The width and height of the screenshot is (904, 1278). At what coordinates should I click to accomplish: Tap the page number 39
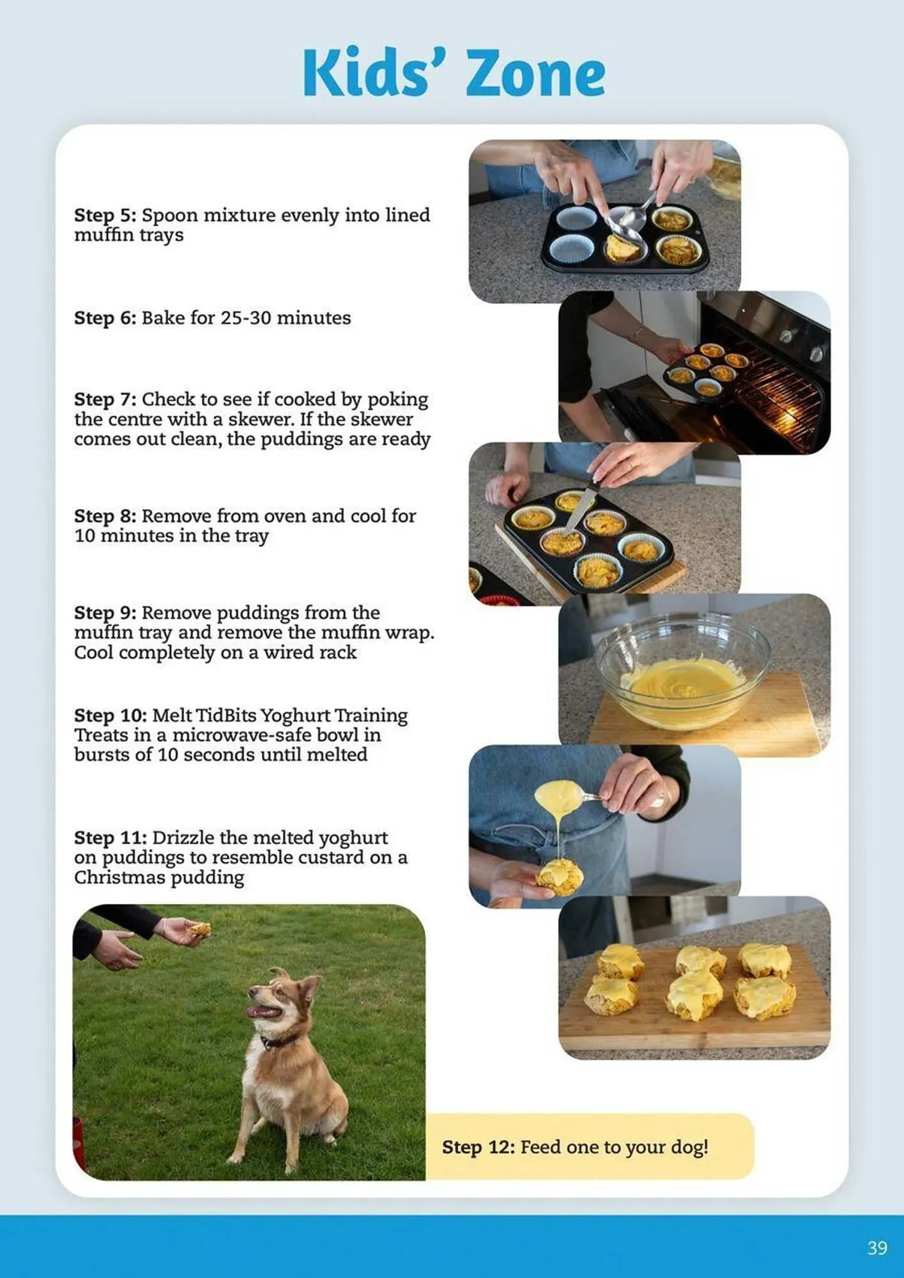coord(877,1248)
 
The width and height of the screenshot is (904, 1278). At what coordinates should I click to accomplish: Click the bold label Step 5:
coord(105,215)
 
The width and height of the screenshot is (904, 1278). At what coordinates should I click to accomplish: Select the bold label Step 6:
coord(105,318)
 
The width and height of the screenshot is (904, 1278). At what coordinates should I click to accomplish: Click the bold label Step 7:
coord(105,399)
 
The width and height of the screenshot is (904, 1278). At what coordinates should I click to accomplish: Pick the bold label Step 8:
coord(105,516)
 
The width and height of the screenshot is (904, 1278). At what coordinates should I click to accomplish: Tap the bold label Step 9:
coord(105,613)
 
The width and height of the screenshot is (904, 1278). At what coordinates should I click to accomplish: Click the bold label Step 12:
coord(478,1147)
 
